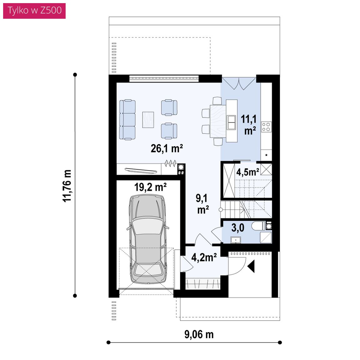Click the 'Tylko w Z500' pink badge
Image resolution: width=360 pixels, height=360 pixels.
pos(34,11)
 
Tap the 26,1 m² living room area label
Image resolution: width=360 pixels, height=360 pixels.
pos(167,148)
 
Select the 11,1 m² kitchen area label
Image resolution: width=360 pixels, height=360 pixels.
pos(249,125)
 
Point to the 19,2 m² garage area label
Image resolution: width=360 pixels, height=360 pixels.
pos(150,187)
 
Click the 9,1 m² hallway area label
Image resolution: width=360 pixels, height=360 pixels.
pos(202,204)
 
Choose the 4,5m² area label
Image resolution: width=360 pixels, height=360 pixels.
pos(248,172)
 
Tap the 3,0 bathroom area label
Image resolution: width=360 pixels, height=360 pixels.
pos(237,228)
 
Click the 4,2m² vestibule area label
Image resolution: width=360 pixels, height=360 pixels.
pos(204,257)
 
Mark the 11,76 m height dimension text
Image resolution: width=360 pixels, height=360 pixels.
pos(67,186)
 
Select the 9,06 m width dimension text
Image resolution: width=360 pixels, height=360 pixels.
pos(199,334)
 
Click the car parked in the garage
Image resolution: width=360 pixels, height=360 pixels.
pos(147,239)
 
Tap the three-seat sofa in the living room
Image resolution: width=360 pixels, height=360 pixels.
pos(127,120)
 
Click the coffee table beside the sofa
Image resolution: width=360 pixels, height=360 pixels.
pos(148,120)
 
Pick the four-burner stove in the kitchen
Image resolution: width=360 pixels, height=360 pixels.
pos(266,127)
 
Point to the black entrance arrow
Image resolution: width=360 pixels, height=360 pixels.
pos(252,266)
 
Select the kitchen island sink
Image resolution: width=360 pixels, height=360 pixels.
pos(231,122)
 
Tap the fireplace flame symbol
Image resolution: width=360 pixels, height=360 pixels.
pos(170,163)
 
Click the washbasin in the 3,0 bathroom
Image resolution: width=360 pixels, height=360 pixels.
pos(236,240)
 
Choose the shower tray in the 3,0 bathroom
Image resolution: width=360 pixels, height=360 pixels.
pos(266,237)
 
